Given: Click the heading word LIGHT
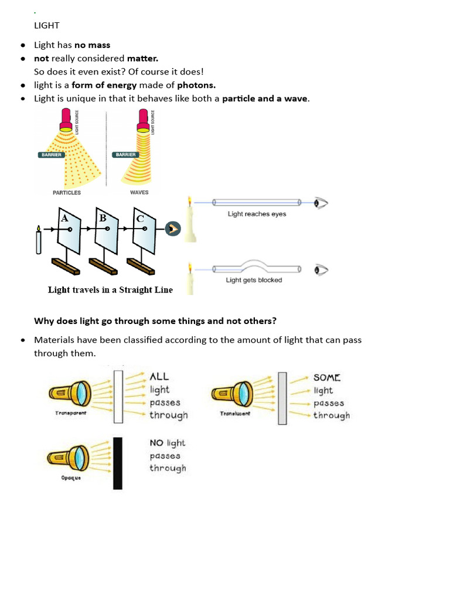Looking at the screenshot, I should [x=47, y=26].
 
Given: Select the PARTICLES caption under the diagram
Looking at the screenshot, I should [x=67, y=192].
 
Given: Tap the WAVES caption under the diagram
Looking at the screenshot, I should [x=139, y=192].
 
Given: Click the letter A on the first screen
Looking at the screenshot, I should [x=64, y=218].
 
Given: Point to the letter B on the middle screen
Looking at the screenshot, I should [x=103, y=218].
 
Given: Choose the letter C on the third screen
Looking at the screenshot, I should [x=140, y=219].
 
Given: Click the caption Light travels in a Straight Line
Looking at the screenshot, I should [x=110, y=289].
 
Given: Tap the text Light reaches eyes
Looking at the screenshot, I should [x=257, y=214].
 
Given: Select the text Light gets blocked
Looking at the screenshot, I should [x=254, y=280].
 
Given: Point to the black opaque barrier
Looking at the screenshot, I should [x=118, y=463].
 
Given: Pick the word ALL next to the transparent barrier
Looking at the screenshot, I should [x=159, y=377].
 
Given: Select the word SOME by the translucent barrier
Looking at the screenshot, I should [x=327, y=378].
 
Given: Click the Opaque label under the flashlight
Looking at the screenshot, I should [x=70, y=478].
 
